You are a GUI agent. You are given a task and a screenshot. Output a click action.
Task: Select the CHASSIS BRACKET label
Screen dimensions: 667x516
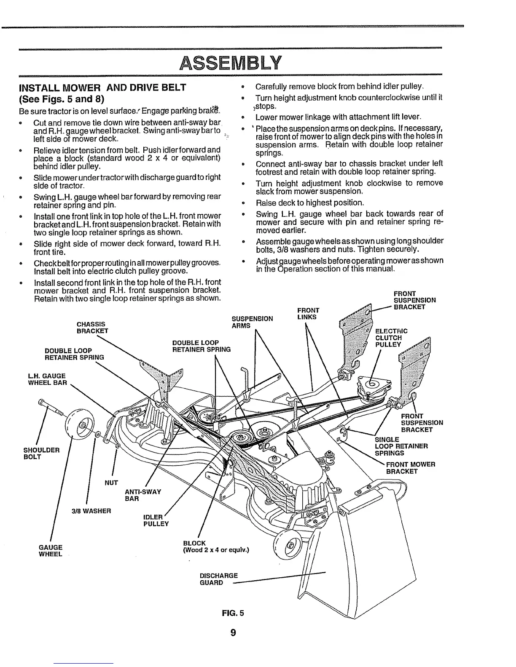tap(92, 327)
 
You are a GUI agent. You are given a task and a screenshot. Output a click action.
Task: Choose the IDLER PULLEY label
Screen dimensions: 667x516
tap(156, 520)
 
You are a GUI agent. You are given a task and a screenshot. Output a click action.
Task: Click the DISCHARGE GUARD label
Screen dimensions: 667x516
tap(218, 579)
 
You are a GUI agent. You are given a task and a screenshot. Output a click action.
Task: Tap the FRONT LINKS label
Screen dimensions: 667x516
tap(308, 313)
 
